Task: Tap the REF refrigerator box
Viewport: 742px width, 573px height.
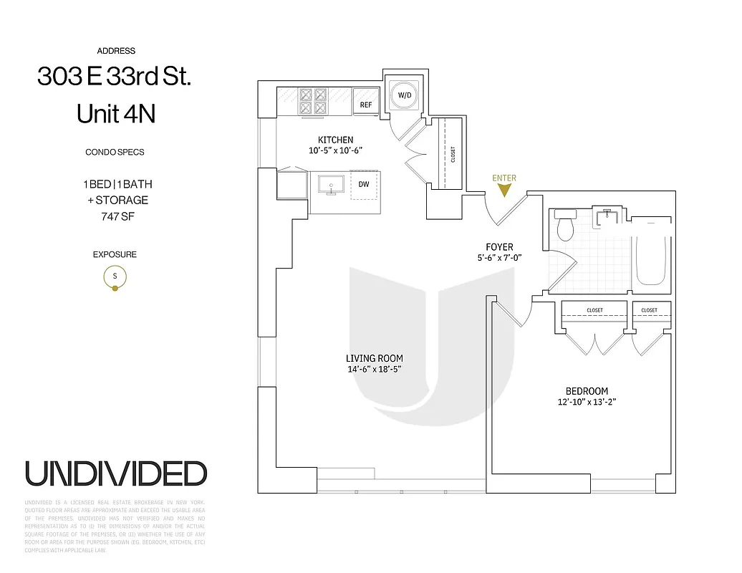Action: coord(366,105)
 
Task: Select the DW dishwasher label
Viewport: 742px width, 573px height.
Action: coord(364,184)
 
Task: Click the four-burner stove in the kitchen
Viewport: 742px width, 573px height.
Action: coord(312,102)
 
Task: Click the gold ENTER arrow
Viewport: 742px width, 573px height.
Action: coord(504,191)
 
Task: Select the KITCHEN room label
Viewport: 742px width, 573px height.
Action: coord(335,140)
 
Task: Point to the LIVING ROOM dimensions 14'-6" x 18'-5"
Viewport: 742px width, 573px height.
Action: coord(374,370)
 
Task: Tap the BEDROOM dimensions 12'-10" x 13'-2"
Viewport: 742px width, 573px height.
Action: coord(587,402)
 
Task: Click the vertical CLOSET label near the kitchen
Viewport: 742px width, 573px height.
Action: coord(453,154)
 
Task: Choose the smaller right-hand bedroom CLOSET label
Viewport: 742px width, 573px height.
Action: coord(649,310)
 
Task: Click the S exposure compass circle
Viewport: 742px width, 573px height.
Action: coord(115,276)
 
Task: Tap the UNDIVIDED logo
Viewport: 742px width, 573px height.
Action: coord(116,473)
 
